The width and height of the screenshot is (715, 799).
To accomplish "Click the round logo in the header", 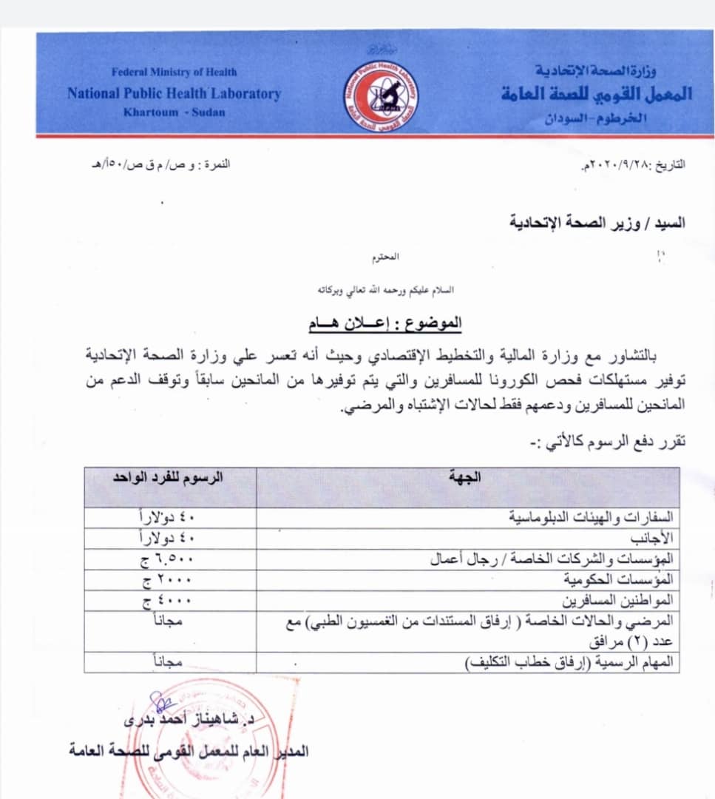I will (381, 97).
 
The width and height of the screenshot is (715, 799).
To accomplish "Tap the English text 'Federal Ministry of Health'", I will (174, 72).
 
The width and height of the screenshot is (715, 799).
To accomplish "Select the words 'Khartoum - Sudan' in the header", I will (174, 112).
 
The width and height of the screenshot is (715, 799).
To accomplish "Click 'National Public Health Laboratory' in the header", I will (174, 93).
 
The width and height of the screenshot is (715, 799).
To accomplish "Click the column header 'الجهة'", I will (464, 478).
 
